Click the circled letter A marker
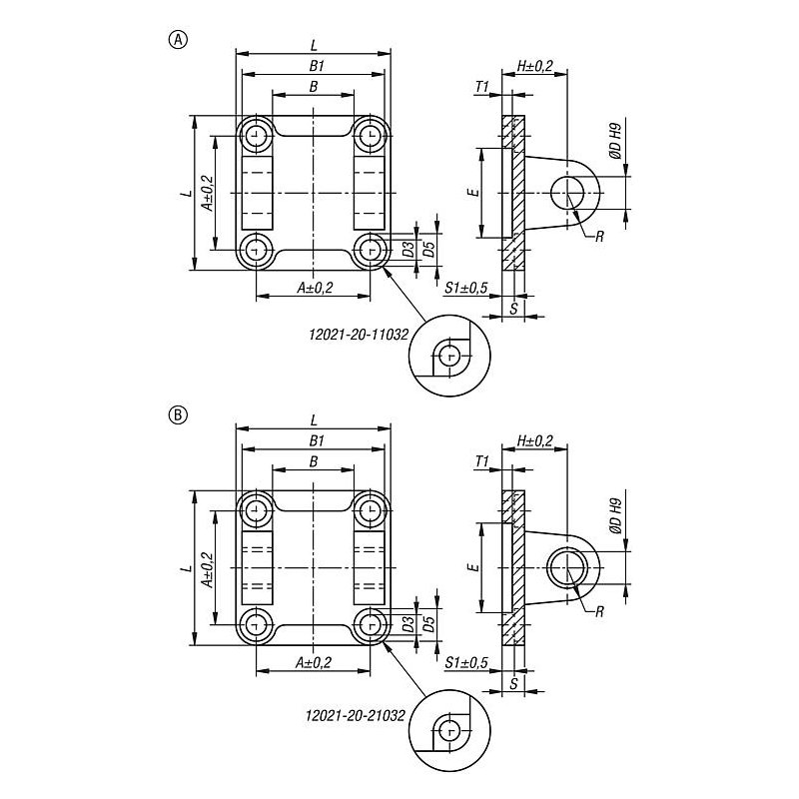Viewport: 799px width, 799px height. tap(178, 40)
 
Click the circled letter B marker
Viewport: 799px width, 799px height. tap(178, 414)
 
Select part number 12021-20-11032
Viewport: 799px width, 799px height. tap(359, 335)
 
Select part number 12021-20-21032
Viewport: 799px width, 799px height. tap(356, 715)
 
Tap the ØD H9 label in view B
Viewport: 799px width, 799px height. tap(615, 517)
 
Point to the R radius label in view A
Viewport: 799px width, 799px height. tap(599, 237)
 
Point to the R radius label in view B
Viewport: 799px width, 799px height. tap(599, 611)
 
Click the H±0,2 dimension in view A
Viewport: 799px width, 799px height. tap(534, 66)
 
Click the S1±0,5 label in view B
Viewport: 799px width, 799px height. tap(466, 663)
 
